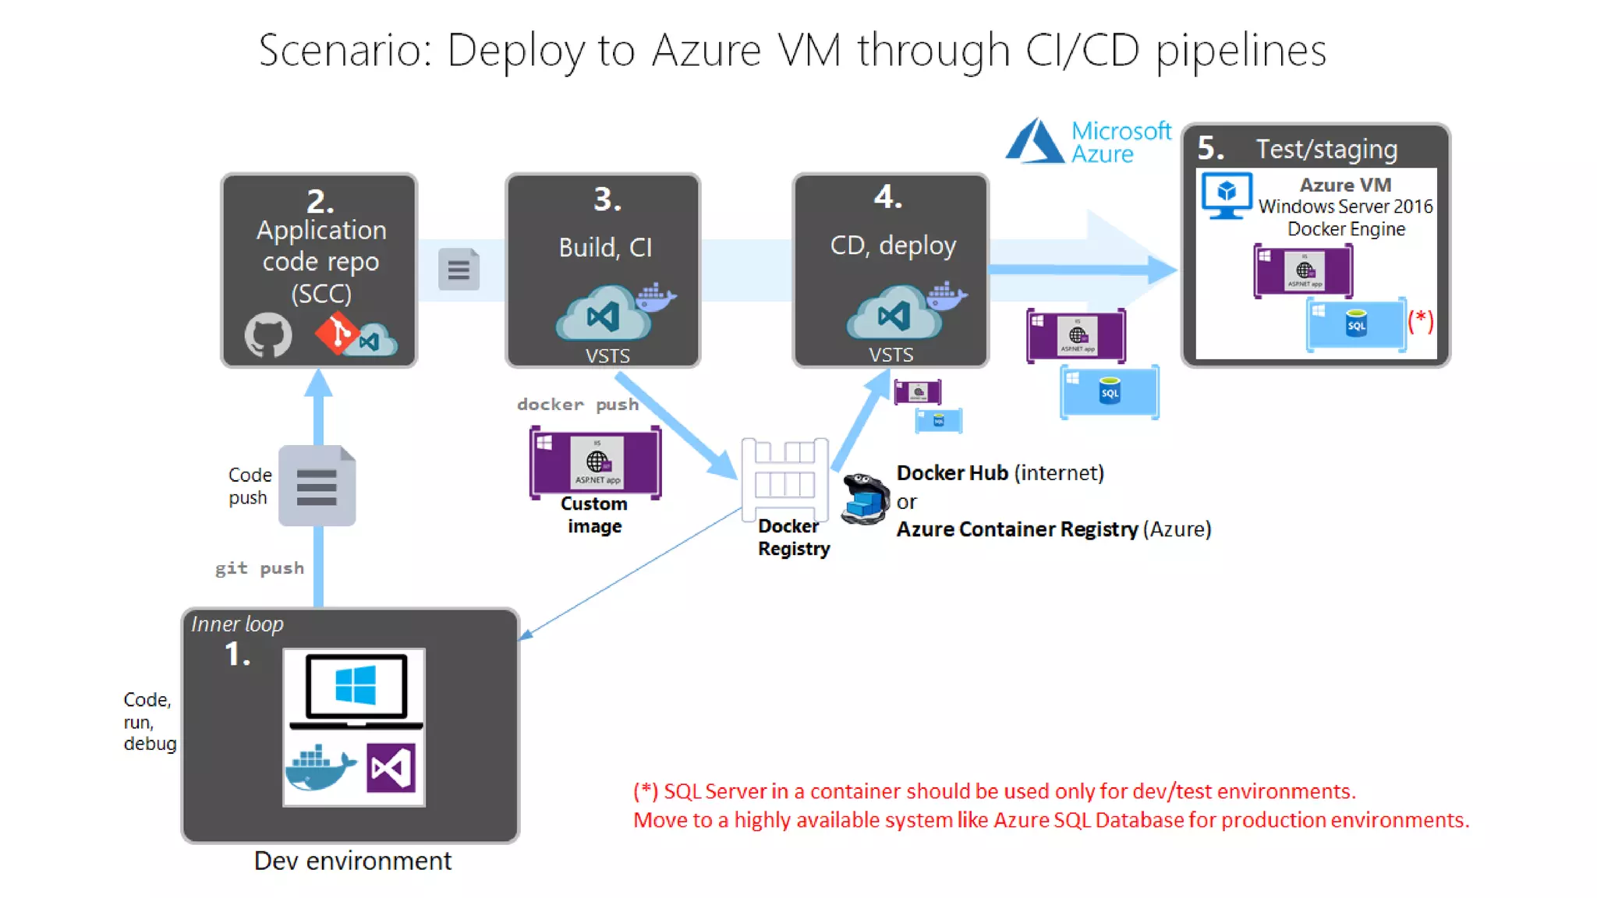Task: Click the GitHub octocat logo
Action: coord(268,335)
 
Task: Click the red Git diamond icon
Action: coord(336,334)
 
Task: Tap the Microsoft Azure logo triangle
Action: coord(1034,141)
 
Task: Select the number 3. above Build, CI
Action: coord(607,200)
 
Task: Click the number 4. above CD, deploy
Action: coord(888,197)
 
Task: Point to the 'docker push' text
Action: coord(578,404)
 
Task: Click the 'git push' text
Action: coord(260,567)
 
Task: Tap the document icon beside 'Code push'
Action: coord(317,486)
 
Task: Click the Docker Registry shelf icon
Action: coord(784,479)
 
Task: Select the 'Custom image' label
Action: coord(594,514)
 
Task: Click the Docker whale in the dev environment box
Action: coord(320,768)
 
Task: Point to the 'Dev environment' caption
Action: coord(352,861)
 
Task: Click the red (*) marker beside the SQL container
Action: coord(1421,320)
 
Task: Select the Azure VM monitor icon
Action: coord(1226,195)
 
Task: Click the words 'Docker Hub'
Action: coord(952,473)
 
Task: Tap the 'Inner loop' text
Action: coord(237,624)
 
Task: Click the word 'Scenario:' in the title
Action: coord(345,51)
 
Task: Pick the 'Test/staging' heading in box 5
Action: coord(1326,149)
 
